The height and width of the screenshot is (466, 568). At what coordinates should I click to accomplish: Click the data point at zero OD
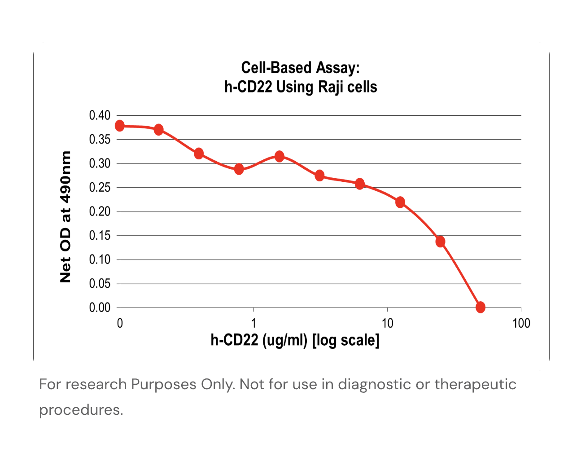coord(480,307)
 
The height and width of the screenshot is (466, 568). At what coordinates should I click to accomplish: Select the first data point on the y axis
coord(120,126)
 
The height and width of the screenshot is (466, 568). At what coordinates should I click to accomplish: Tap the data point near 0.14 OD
coord(440,242)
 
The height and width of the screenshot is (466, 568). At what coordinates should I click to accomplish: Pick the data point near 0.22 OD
coord(400,202)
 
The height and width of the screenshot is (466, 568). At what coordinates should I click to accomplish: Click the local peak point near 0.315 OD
coord(279,156)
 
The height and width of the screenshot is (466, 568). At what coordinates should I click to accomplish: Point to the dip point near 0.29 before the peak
coord(239,169)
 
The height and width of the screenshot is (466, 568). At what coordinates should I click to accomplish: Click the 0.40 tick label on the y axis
coord(100,115)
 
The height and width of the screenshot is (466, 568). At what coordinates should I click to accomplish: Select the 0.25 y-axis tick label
coord(100,188)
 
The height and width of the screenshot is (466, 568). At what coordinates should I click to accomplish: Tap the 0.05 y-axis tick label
coord(100,284)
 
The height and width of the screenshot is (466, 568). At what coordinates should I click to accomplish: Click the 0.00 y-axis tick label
coord(100,308)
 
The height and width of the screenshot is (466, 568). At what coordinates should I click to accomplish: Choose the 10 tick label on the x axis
coord(387,323)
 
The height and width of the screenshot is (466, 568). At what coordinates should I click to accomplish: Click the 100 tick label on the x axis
coord(521,323)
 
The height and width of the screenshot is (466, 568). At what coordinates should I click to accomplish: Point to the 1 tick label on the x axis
coord(253,323)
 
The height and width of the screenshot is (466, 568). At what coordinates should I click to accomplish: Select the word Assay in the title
coord(337,68)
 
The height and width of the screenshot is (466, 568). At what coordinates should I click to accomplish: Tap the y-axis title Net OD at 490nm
coord(66,216)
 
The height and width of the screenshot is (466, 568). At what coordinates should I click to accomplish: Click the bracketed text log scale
coord(346,340)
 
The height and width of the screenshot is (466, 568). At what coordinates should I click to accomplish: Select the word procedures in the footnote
coord(81,410)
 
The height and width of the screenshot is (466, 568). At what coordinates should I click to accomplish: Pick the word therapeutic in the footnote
coord(475,384)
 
